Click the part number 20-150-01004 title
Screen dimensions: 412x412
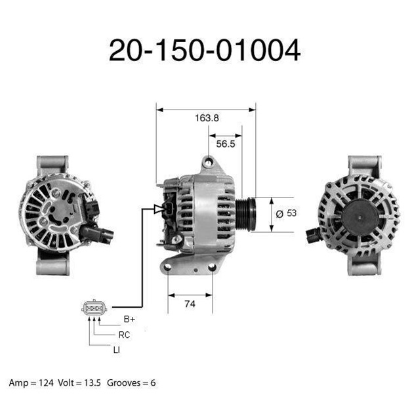pyautogui.click(x=205, y=50)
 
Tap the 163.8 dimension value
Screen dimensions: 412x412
pyautogui.click(x=207, y=118)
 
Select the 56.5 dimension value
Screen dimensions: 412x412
pyautogui.click(x=226, y=144)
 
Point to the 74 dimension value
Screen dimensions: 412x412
pyautogui.click(x=190, y=304)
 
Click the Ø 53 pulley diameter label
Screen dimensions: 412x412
pyautogui.click(x=286, y=213)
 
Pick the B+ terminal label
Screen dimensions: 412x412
pyautogui.click(x=129, y=319)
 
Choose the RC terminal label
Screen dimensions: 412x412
pyautogui.click(x=124, y=335)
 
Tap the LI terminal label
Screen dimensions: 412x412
pyautogui.click(x=116, y=350)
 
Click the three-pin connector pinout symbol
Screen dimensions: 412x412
pyautogui.click(x=94, y=307)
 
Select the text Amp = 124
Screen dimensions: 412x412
pyautogui.click(x=31, y=383)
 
